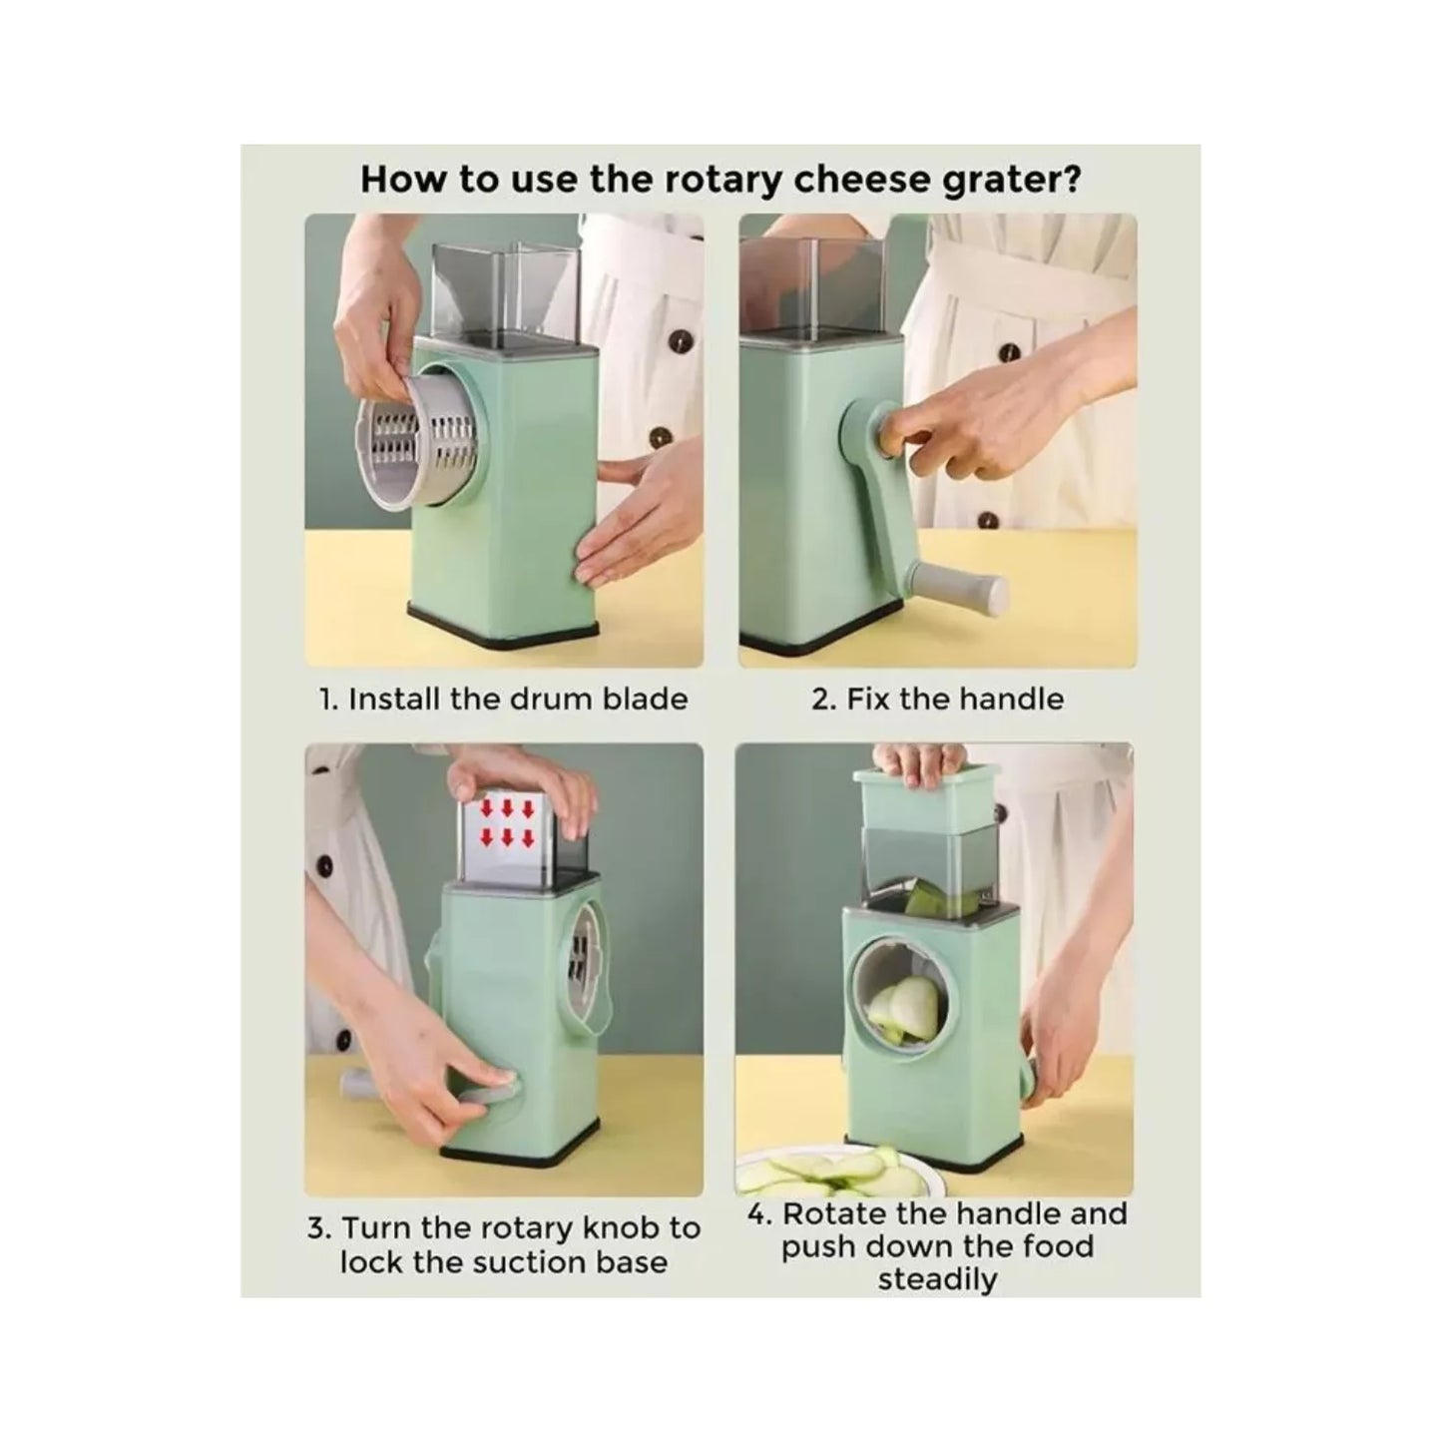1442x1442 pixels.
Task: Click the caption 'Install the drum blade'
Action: click(x=518, y=699)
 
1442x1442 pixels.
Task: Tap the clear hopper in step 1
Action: click(x=504, y=294)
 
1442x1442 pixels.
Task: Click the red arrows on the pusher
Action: click(x=508, y=823)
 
